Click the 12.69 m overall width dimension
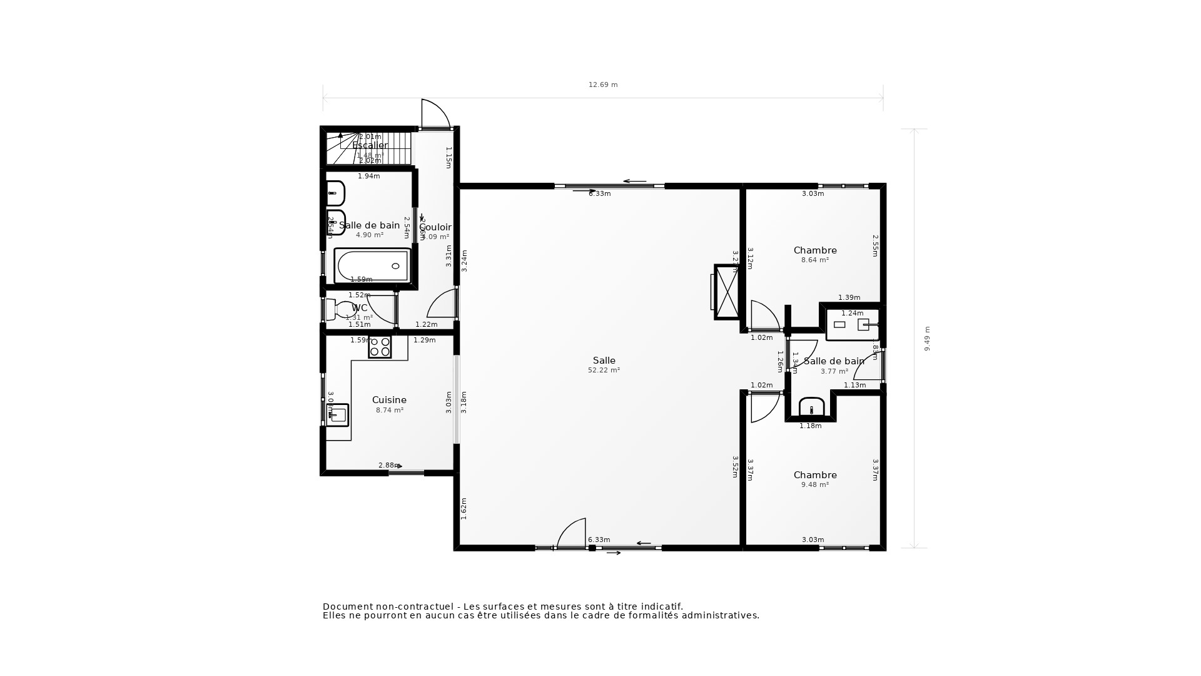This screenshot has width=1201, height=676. click(602, 84)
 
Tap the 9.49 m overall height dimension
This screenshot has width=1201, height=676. click(927, 338)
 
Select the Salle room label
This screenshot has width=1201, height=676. click(604, 361)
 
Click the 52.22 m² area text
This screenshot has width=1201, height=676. click(604, 371)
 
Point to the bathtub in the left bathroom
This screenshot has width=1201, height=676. click(373, 266)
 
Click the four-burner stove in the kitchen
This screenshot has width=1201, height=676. click(380, 347)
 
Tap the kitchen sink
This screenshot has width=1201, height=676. click(338, 415)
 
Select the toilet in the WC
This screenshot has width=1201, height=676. click(341, 309)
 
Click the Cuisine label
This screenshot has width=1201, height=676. click(389, 400)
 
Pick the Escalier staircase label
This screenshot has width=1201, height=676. click(370, 145)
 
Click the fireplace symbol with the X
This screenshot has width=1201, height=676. click(726, 292)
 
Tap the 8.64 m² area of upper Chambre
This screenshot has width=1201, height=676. click(814, 260)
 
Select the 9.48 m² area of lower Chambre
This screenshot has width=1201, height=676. click(814, 485)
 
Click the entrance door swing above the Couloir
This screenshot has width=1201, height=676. click(435, 114)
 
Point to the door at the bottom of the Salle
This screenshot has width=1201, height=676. click(572, 534)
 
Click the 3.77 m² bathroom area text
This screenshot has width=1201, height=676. click(834, 372)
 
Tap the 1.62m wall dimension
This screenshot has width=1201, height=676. click(464, 508)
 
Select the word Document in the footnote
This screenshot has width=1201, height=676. click(347, 607)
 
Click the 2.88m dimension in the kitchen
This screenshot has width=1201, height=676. click(388, 465)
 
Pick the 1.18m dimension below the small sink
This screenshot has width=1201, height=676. click(810, 426)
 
